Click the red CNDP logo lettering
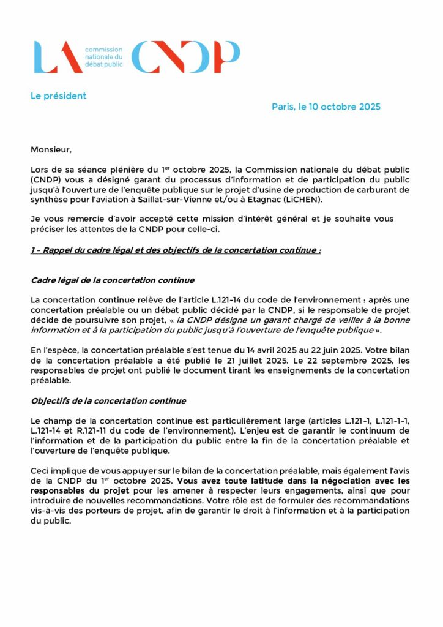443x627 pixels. click(x=185, y=57)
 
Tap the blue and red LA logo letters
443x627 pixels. click(x=58, y=57)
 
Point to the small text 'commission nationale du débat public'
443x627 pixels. click(x=103, y=56)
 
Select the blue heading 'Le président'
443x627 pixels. click(x=59, y=96)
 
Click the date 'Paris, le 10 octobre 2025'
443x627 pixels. click(x=326, y=107)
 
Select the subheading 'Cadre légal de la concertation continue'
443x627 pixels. click(x=113, y=280)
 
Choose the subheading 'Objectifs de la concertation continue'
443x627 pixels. click(x=108, y=400)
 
